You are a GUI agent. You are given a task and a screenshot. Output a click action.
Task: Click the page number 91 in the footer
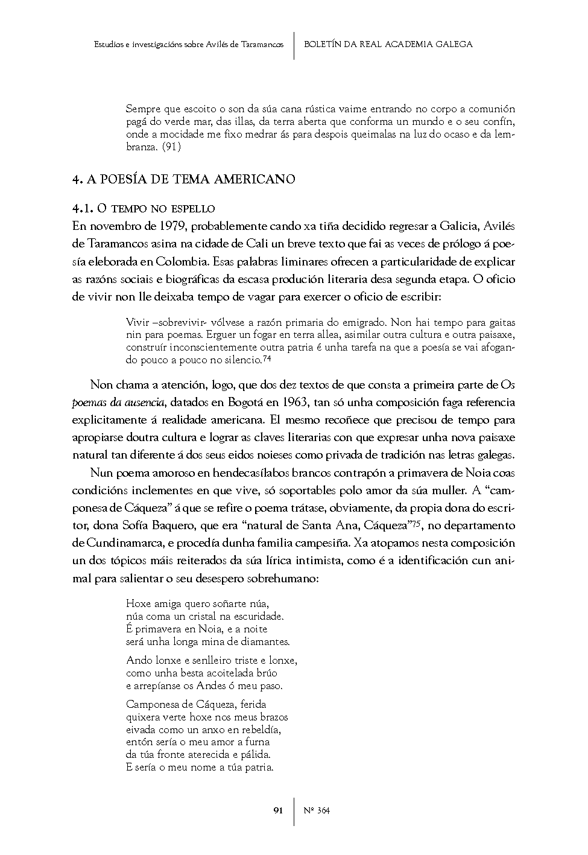click(278, 810)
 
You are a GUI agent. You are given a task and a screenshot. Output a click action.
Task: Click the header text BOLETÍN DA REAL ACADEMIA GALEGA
click(388, 44)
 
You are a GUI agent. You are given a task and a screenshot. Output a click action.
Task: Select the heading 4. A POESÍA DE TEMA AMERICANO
click(183, 179)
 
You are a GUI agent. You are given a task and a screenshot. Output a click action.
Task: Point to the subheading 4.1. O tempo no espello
click(144, 209)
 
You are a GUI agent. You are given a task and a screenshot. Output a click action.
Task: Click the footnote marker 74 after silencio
click(267, 358)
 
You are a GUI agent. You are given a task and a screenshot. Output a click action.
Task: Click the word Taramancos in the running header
click(262, 45)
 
